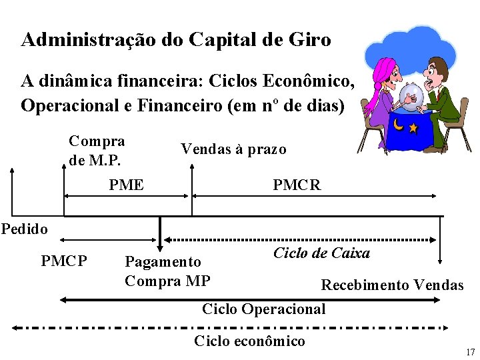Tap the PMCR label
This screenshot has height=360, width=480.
click(x=297, y=185)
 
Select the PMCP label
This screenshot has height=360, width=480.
click(x=64, y=261)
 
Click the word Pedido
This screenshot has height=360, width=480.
click(x=25, y=229)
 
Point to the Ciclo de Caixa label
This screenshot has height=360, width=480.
click(x=322, y=253)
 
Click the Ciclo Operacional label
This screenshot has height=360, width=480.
click(x=264, y=309)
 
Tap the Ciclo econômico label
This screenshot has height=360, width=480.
click(x=249, y=341)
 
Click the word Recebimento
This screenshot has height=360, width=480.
click(x=365, y=285)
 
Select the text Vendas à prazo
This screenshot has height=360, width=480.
click(x=233, y=149)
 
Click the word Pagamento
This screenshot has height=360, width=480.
click(x=163, y=262)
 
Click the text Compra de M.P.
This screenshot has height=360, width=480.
click(x=97, y=151)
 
